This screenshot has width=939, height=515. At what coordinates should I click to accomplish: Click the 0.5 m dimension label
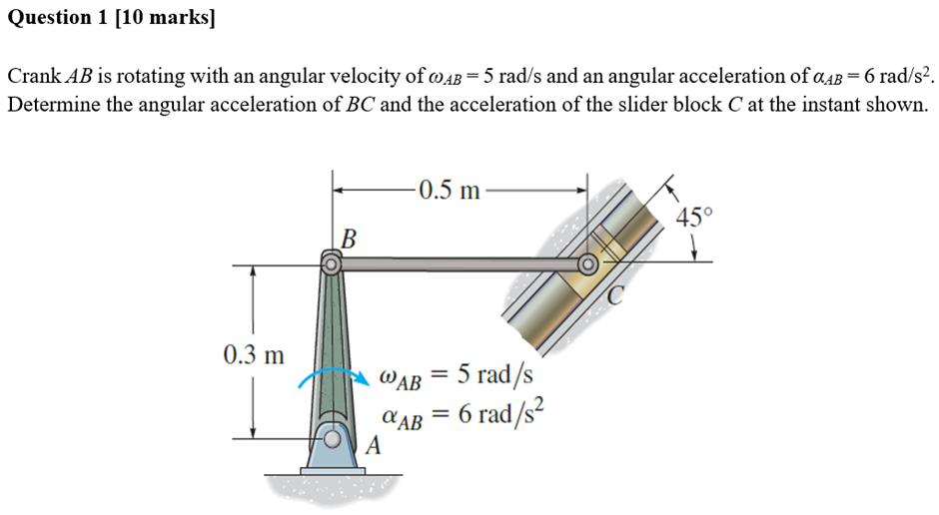pyautogui.click(x=450, y=190)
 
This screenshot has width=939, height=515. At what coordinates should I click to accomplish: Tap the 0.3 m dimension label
pyautogui.click(x=253, y=354)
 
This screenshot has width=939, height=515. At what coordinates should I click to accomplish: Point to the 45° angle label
pyautogui.click(x=695, y=219)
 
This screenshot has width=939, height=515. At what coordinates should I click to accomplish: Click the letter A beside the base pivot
pyautogui.click(x=374, y=446)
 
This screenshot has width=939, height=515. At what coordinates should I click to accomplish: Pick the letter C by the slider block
pyautogui.click(x=618, y=294)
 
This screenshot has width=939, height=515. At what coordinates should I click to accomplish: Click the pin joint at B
pyautogui.click(x=330, y=264)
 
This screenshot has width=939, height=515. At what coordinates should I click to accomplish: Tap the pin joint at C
pyautogui.click(x=588, y=264)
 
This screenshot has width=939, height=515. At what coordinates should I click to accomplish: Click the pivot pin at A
pyautogui.click(x=330, y=436)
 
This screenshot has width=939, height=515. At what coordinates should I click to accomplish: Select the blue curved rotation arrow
pyautogui.click(x=325, y=373)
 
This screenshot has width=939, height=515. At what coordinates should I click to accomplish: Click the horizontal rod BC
pyautogui.click(x=460, y=264)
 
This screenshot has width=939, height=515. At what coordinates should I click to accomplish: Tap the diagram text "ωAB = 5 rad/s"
pyautogui.click(x=457, y=376)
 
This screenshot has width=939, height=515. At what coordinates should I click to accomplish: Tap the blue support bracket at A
pyautogui.click(x=330, y=451)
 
